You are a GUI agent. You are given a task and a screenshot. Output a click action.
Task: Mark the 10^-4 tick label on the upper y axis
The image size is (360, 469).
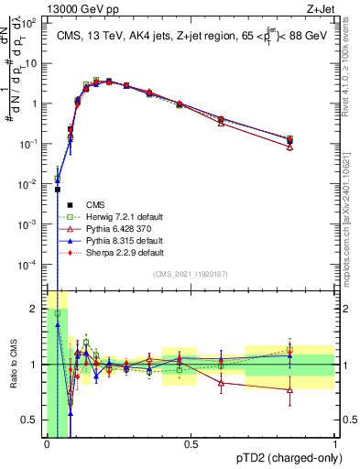point(28,264)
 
